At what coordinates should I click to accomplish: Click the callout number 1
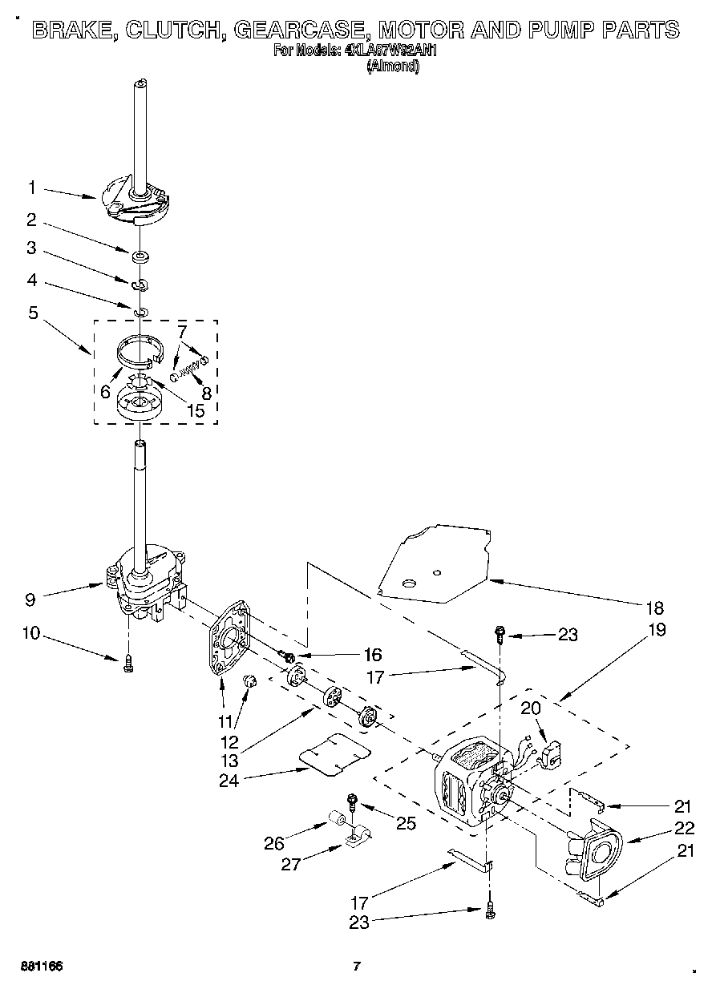[31, 188]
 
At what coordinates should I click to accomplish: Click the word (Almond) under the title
[392, 67]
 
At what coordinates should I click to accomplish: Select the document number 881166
[42, 966]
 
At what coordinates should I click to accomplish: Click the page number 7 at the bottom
[357, 966]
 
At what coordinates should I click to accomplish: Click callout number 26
[274, 842]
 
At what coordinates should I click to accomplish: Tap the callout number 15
[195, 410]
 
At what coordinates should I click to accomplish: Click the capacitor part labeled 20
[552, 753]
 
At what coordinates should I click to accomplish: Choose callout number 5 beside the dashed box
[33, 313]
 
